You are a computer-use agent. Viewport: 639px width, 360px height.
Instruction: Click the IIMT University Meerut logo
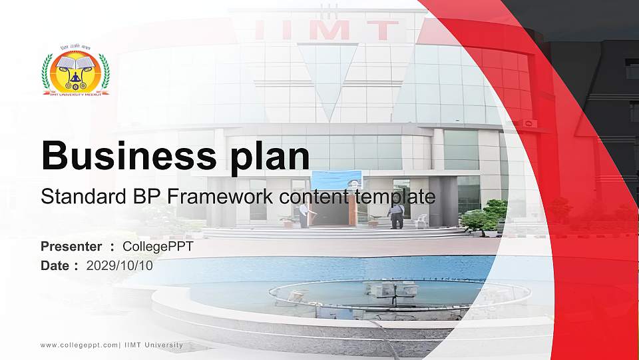point(75,71)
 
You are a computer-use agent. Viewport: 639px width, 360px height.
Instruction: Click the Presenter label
point(71,247)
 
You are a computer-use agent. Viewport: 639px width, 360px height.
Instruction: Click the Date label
point(55,265)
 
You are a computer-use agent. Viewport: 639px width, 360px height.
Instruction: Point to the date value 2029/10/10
point(120,265)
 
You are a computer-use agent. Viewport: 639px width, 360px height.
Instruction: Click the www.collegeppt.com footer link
point(79,345)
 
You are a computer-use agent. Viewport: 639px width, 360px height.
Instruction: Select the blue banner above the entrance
point(337,179)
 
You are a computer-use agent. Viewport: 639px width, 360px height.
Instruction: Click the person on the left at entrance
point(304,215)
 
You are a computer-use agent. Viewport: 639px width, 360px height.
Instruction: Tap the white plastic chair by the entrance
point(421,221)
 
